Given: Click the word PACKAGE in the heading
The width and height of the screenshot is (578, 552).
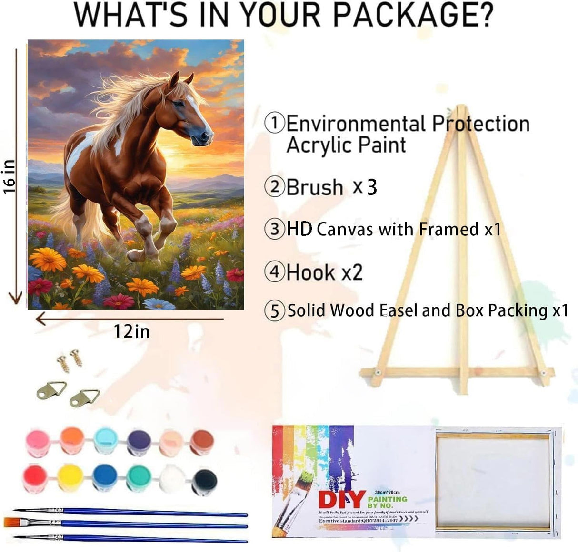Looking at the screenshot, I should click(412, 15).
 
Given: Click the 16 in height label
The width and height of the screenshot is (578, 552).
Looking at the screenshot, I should click(10, 176).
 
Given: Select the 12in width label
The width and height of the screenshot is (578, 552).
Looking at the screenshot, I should click(131, 331).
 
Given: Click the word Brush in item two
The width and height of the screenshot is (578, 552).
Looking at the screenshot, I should click(315, 187).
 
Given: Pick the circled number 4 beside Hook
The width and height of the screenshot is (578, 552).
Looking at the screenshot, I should click(274, 272).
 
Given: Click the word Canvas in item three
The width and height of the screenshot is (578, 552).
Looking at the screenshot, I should click(345, 229).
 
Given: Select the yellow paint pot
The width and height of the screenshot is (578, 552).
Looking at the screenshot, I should click(70, 477).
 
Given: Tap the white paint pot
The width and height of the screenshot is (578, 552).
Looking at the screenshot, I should click(171, 478).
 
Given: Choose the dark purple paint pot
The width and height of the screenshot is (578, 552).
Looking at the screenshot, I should click(139, 442).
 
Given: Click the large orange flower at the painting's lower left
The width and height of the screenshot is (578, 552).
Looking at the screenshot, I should click(47, 260).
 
